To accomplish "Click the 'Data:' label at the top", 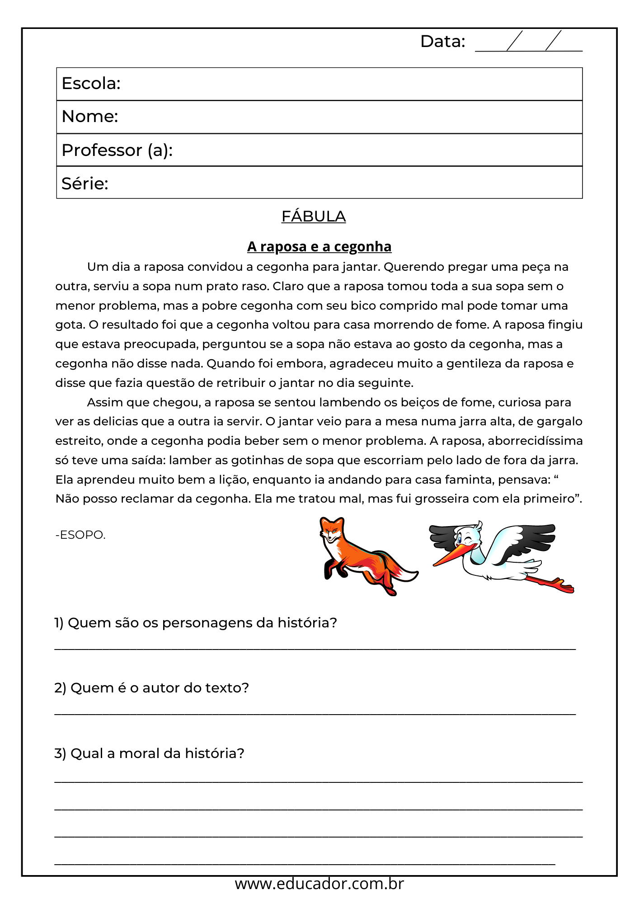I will tap(442, 42).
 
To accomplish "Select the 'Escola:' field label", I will tap(91, 84).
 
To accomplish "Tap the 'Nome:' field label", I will tap(90, 117).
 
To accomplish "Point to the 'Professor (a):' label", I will tap(117, 151).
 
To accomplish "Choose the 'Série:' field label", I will tap(85, 184).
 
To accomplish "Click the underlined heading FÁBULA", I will tap(314, 217).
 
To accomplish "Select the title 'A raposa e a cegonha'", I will tap(319, 247).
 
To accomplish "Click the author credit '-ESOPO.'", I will tap(80, 535).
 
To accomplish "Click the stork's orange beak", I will tap(452, 556).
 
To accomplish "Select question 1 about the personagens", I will tap(196, 623).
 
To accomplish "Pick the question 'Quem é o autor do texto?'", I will tap(152, 688).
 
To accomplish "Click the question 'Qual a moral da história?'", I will tap(149, 753).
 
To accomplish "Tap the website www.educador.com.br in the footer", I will tap(319, 884).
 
